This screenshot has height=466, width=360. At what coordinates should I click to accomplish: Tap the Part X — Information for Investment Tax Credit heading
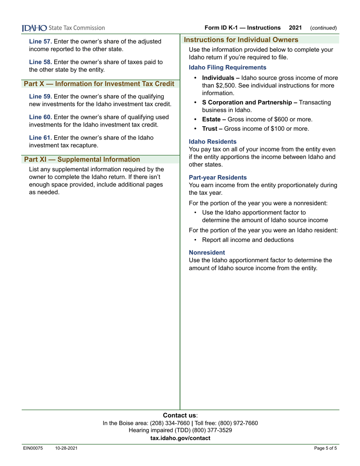click(x=99, y=83)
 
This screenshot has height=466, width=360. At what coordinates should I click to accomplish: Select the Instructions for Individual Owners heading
click(x=241, y=40)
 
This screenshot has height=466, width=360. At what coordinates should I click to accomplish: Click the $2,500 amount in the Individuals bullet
click(x=215, y=85)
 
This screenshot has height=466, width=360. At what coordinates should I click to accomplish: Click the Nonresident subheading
click(x=207, y=252)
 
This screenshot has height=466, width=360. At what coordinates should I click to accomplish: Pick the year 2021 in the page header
click(x=295, y=28)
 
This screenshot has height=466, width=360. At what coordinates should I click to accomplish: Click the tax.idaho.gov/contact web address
click(x=180, y=438)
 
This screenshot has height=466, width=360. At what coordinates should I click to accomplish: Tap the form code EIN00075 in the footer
click(x=33, y=449)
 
